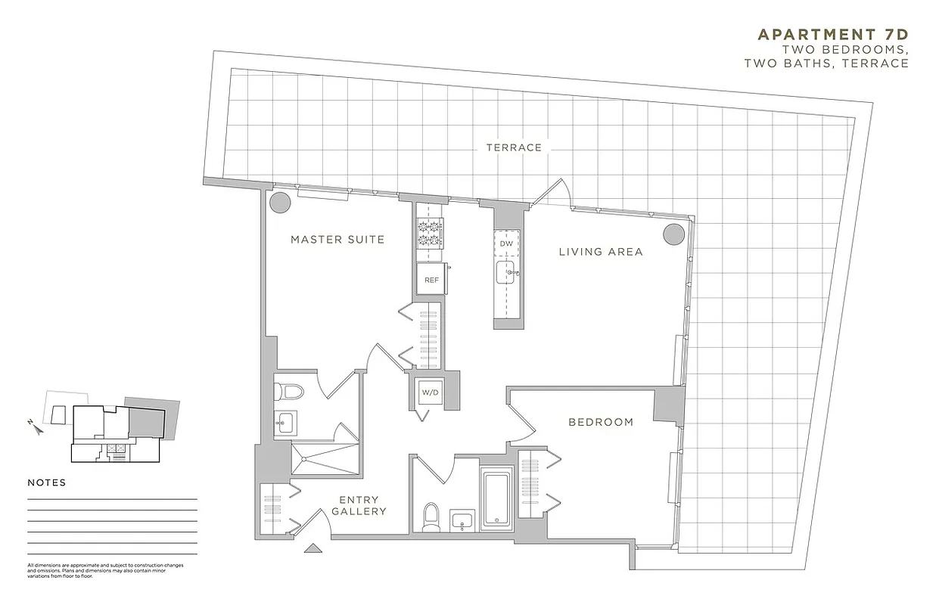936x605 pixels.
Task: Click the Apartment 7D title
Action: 832,35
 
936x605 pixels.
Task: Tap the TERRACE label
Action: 514,147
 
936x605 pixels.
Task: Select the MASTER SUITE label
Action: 337,240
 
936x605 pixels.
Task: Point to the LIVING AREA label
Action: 601,252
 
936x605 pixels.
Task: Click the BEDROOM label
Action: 601,422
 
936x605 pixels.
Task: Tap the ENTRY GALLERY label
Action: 359,505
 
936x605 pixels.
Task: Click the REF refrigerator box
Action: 431,280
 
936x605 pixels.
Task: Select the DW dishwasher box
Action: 507,244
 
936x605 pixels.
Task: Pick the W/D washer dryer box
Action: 429,392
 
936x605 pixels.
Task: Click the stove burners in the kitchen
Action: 430,232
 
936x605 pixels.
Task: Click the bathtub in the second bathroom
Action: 496,497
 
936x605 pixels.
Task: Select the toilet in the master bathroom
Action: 289,391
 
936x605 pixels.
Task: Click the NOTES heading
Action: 47,482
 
